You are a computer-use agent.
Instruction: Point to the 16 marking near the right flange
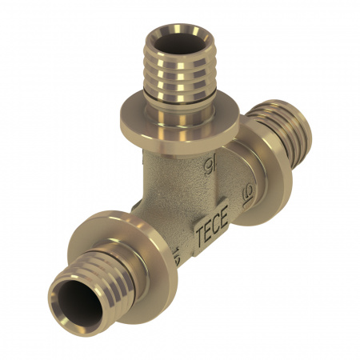pyautogui.click(x=247, y=192)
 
